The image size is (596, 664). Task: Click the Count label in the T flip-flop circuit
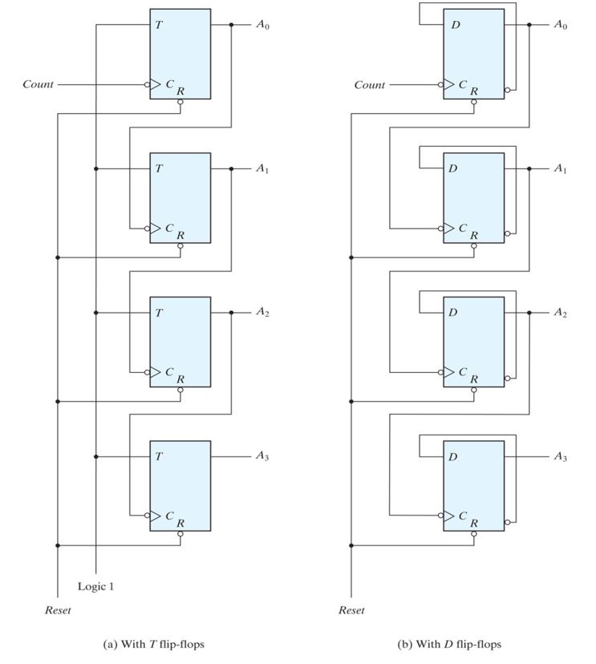click(38, 84)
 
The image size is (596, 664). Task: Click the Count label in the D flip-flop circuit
click(370, 84)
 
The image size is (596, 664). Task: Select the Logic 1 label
click(95, 586)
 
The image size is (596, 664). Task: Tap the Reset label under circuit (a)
click(57, 610)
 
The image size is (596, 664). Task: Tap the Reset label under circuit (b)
click(351, 610)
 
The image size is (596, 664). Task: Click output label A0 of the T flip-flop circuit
click(263, 25)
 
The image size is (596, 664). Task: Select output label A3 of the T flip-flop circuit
click(263, 456)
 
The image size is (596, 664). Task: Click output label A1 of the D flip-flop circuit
click(560, 169)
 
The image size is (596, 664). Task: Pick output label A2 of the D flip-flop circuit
click(560, 313)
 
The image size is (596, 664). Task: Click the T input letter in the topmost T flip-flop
click(159, 26)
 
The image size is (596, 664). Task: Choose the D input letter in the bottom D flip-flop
click(453, 457)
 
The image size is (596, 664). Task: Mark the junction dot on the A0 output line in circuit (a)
click(231, 25)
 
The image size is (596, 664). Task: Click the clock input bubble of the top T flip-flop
click(147, 84)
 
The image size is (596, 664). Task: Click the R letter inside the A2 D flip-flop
click(474, 379)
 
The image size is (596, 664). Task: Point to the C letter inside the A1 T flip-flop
click(169, 229)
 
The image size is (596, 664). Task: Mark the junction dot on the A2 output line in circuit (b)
click(529, 313)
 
